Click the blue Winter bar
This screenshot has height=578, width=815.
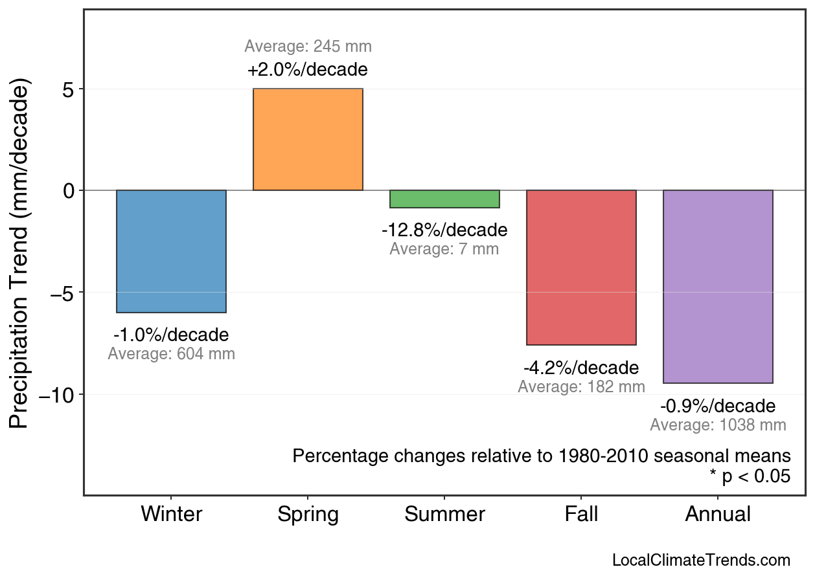click(171, 251)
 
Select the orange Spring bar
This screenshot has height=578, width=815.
click(308, 139)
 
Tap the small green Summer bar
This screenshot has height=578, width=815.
click(444, 199)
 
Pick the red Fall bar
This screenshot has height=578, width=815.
click(581, 267)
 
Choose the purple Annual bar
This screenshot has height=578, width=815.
click(718, 287)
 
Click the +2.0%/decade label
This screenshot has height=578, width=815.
click(308, 69)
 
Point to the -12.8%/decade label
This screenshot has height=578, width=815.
click(444, 230)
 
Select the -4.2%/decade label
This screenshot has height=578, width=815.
click(581, 368)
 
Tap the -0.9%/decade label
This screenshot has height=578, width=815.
click(718, 406)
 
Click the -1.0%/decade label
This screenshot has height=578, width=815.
click(171, 335)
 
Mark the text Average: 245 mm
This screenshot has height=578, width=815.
click(308, 47)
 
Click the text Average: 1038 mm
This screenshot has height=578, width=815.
click(718, 425)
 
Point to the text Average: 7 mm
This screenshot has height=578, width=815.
click(444, 249)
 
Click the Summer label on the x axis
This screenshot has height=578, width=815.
click(444, 515)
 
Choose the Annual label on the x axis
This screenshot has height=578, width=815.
click(718, 515)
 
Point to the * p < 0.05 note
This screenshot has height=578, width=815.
click(750, 476)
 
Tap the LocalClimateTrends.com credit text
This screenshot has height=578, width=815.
click(701, 561)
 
